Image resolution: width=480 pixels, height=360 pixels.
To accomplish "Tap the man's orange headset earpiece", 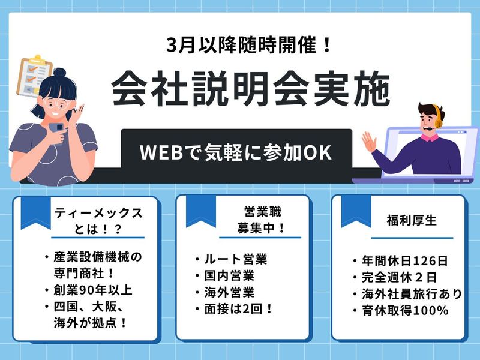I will [438, 119].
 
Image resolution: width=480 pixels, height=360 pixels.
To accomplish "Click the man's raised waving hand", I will [369, 143].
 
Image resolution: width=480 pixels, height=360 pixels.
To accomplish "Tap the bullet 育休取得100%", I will [400, 310].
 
